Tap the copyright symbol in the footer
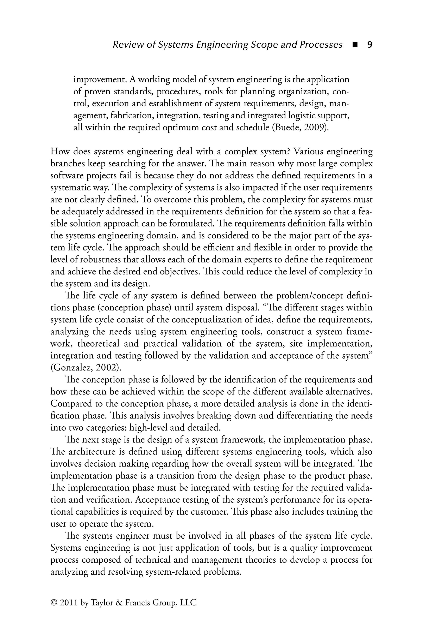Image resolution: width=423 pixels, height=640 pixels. [54, 603]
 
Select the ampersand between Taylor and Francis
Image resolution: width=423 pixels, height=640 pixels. [119, 603]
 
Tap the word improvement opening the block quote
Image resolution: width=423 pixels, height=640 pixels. [100, 80]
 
